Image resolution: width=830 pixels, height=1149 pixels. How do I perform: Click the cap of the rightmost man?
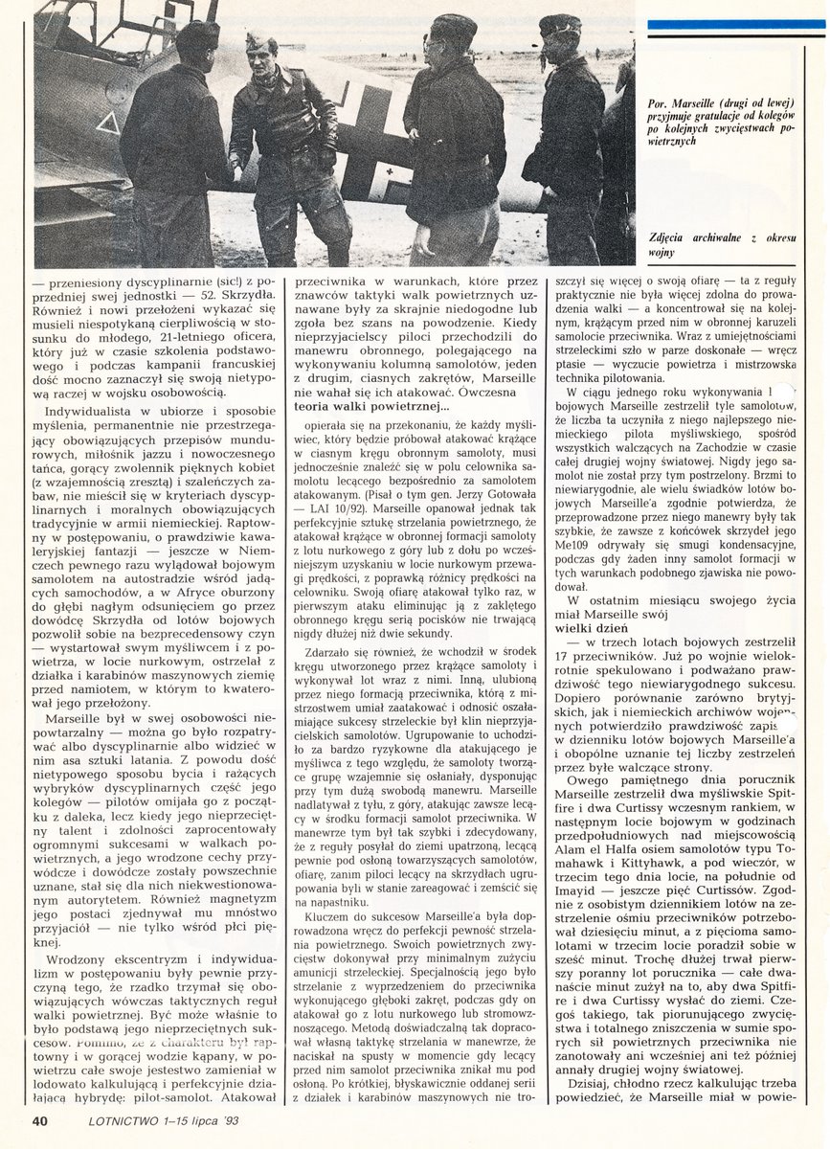click(x=559, y=24)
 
